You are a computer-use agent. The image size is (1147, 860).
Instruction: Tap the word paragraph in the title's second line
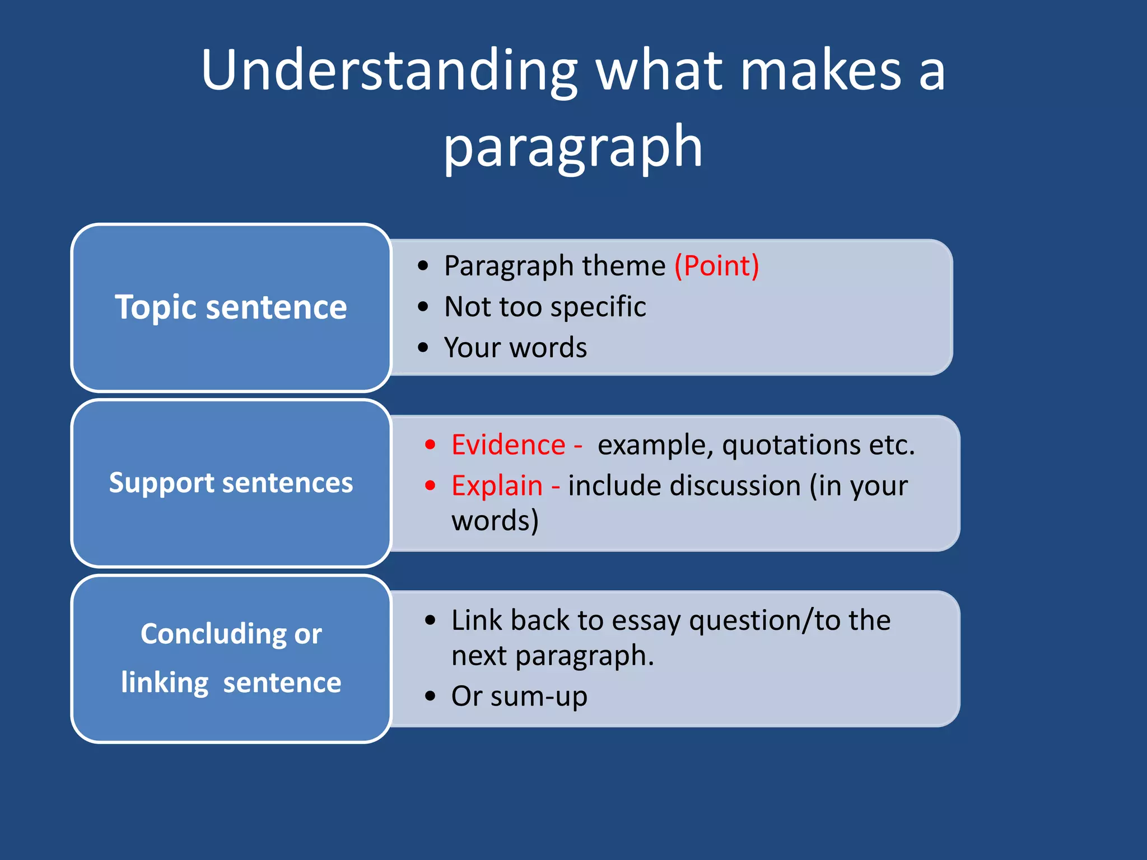(x=573, y=147)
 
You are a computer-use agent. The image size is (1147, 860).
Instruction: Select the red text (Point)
(x=716, y=265)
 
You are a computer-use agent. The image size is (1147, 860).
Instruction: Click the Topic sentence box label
(x=231, y=307)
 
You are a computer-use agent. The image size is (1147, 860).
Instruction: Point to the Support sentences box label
(x=231, y=483)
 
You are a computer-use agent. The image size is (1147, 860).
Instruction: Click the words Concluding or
(x=231, y=634)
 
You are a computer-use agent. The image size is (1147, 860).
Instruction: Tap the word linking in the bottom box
(x=165, y=683)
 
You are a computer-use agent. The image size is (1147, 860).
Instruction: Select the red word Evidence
(x=509, y=445)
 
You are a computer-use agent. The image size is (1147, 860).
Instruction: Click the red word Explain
(x=497, y=486)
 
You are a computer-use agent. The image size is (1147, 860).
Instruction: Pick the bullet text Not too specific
(x=545, y=307)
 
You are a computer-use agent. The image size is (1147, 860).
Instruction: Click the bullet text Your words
(x=515, y=348)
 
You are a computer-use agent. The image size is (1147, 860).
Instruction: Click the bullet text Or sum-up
(x=519, y=697)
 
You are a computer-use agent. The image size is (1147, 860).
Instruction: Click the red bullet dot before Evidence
(x=430, y=445)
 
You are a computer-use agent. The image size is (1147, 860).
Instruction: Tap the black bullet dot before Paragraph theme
(x=423, y=266)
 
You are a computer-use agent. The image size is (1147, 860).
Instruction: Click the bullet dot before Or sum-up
(x=430, y=697)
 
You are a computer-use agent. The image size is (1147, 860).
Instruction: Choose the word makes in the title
(x=820, y=71)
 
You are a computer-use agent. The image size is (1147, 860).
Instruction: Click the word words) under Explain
(x=495, y=521)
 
